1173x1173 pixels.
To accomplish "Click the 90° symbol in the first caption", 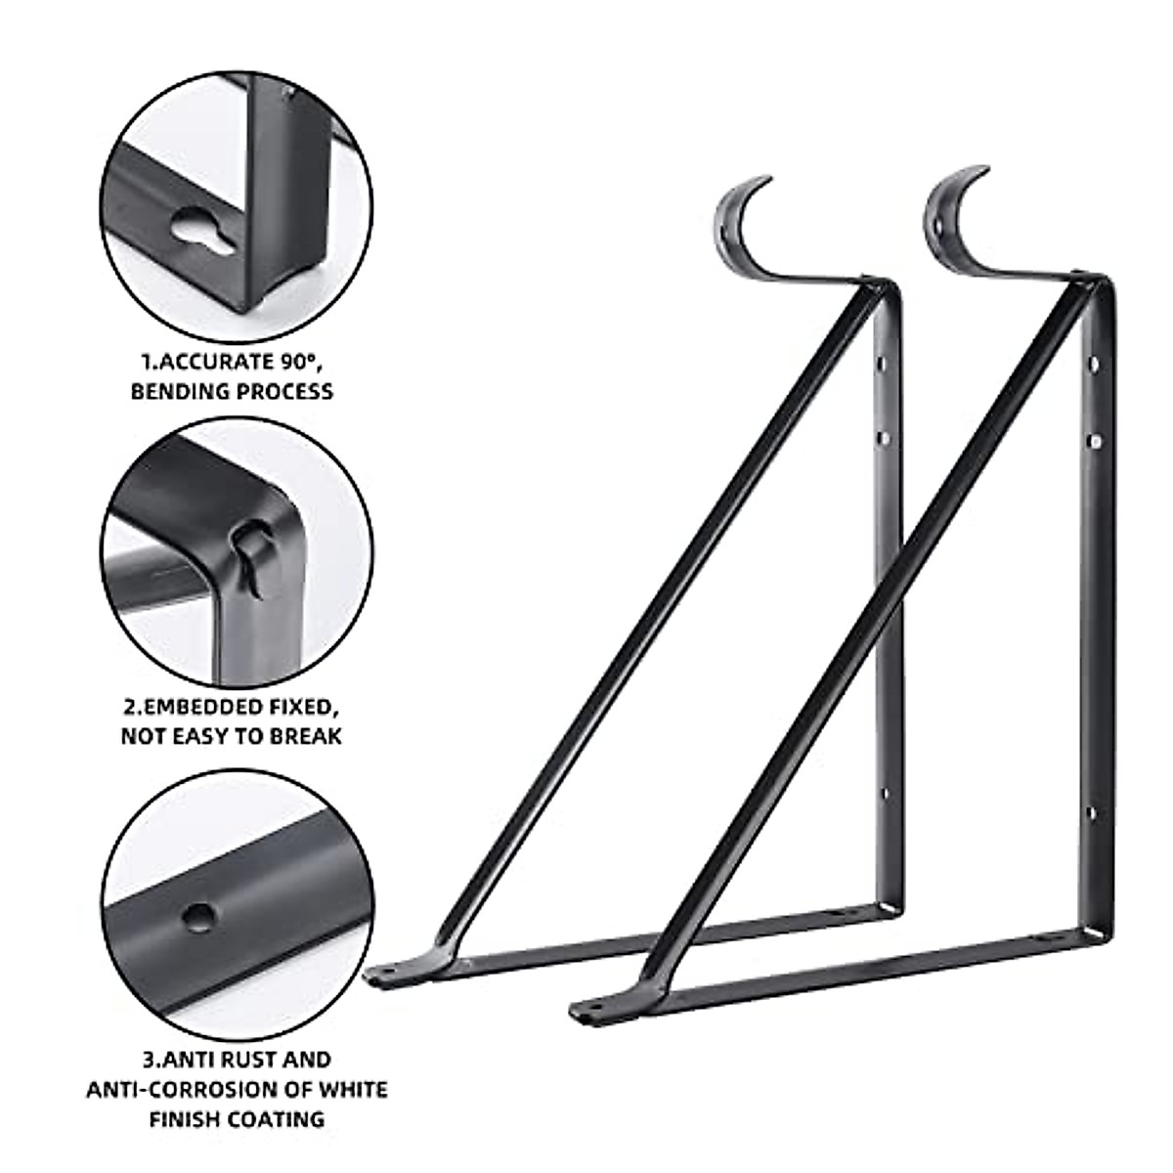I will pyautogui.click(x=301, y=361).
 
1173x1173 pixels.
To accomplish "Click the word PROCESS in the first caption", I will pyautogui.click(x=282, y=391).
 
